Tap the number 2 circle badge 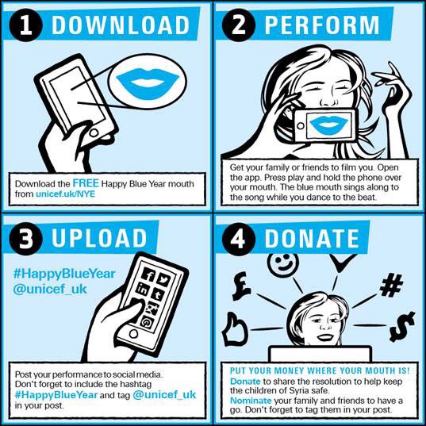pyautogui.click(x=238, y=25)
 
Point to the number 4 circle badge pyautogui.click(x=238, y=238)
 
